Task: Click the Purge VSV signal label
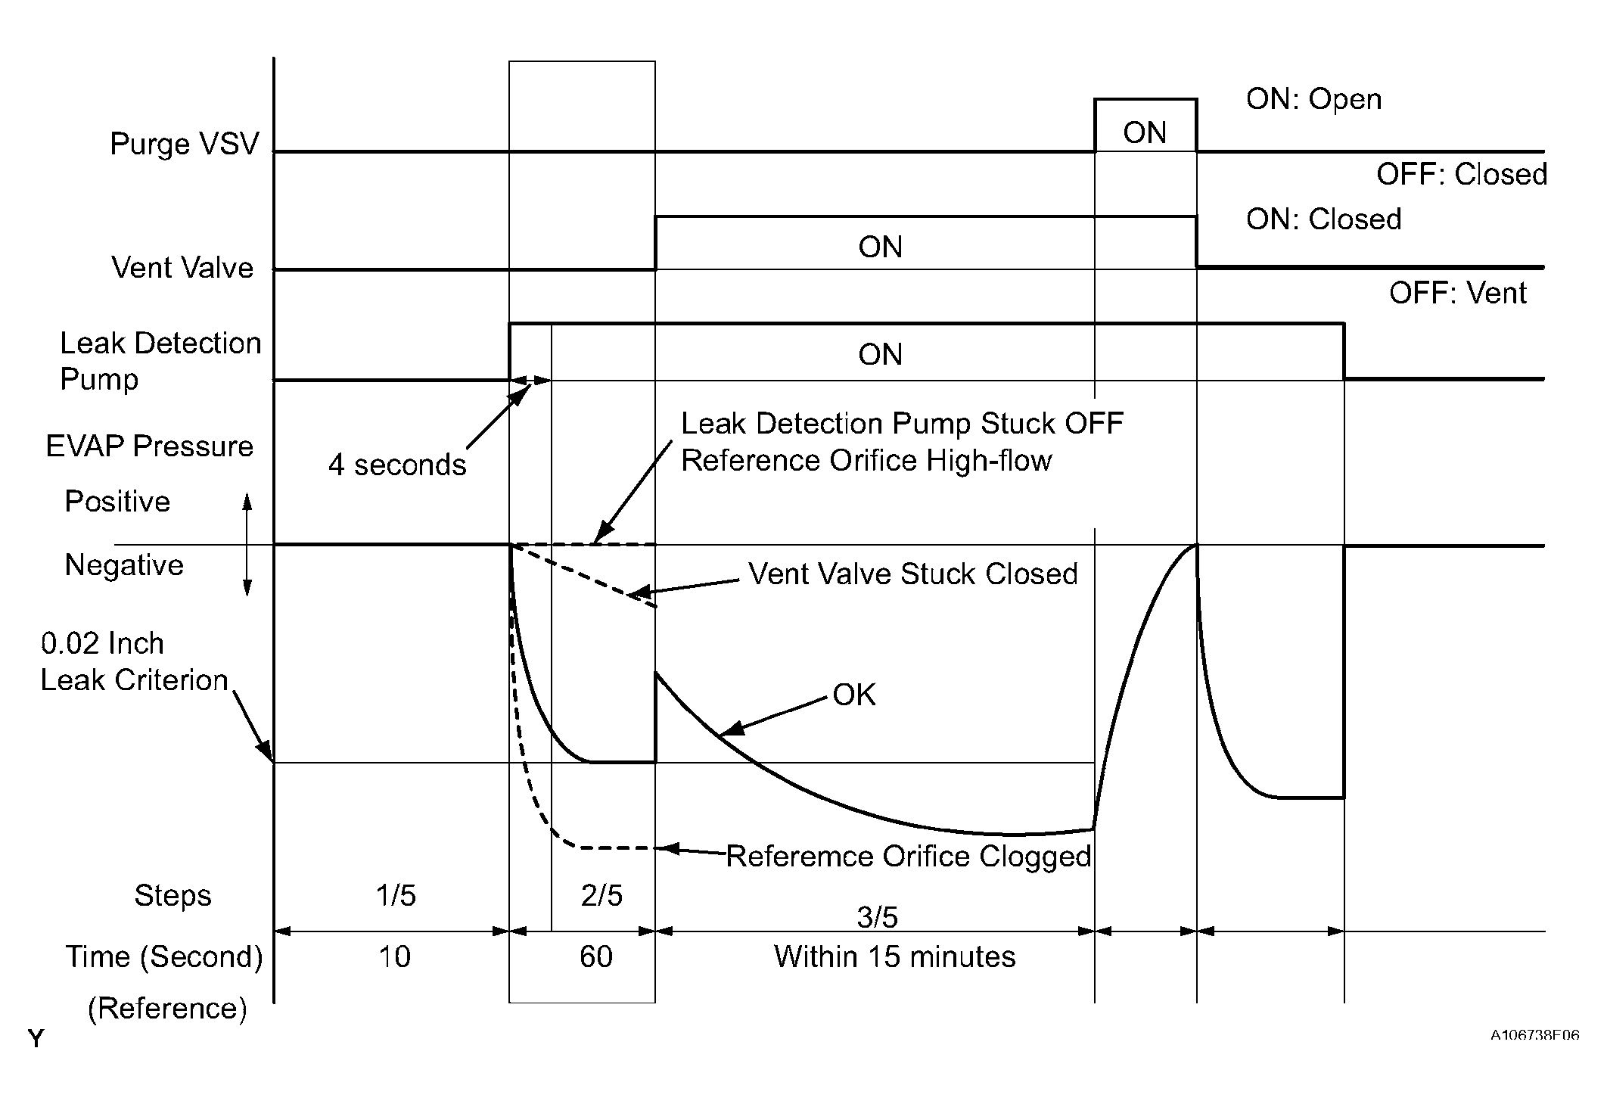(x=184, y=144)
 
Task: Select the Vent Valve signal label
(x=182, y=268)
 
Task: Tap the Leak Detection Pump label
(x=160, y=361)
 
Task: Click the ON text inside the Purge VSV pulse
(x=1145, y=133)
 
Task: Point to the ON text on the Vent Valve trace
(x=880, y=247)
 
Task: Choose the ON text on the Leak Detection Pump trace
(x=880, y=355)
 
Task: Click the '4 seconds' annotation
(x=397, y=465)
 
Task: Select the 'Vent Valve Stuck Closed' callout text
(x=912, y=574)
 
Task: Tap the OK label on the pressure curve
(x=853, y=695)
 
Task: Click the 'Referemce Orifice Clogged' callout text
(x=908, y=857)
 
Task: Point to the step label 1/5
(x=396, y=896)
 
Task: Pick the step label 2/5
(x=601, y=896)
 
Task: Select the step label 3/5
(x=877, y=917)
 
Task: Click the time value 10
(x=394, y=957)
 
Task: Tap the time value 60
(x=595, y=957)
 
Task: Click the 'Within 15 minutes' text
(x=894, y=957)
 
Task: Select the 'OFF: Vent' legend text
(x=1457, y=293)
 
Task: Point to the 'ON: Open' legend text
(x=1313, y=99)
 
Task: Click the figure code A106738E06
(x=1534, y=1035)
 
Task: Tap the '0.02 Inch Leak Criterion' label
(x=134, y=662)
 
